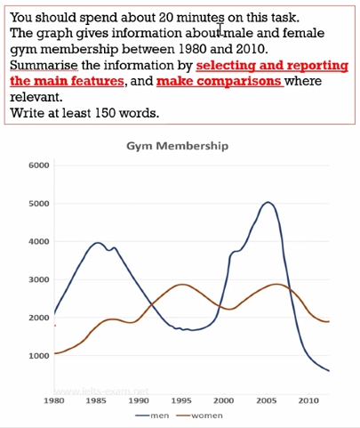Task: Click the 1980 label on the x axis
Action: pyautogui.click(x=55, y=401)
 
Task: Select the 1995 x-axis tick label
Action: pyautogui.click(x=181, y=401)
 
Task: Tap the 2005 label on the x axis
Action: pyautogui.click(x=266, y=401)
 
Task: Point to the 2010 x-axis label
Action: pyautogui.click(x=308, y=401)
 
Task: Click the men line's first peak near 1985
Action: pyautogui.click(x=98, y=243)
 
